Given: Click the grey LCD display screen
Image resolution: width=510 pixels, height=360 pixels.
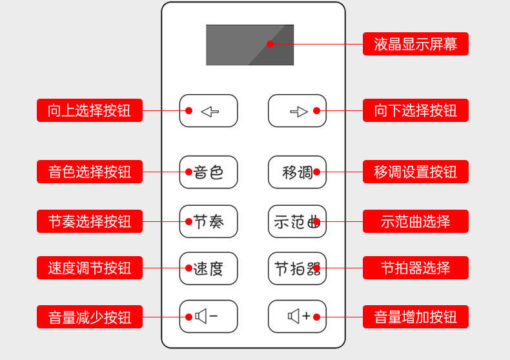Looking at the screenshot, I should pyautogui.click(x=250, y=45).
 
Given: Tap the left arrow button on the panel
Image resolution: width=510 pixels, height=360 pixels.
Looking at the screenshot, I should pyautogui.click(x=209, y=111).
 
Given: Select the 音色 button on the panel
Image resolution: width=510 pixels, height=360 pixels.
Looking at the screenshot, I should pyautogui.click(x=209, y=172).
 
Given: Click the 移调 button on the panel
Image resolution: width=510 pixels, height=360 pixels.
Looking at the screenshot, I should pyautogui.click(x=297, y=172).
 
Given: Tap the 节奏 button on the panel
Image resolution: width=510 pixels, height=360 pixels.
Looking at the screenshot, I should pyautogui.click(x=209, y=221).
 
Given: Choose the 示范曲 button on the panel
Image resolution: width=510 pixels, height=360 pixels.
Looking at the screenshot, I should pyautogui.click(x=297, y=221).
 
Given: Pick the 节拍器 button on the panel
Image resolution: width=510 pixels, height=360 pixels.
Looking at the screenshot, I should pyautogui.click(x=297, y=268).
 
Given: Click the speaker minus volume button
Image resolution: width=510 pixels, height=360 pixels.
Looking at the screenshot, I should pyautogui.click(x=209, y=316).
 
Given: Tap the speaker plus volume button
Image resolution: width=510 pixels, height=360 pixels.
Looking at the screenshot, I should pyautogui.click(x=297, y=316).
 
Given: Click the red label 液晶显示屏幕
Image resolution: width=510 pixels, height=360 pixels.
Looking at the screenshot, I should pyautogui.click(x=415, y=44).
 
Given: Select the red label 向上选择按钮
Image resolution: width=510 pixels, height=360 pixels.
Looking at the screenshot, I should pyautogui.click(x=89, y=110).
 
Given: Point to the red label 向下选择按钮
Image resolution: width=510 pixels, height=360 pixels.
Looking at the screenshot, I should pyautogui.click(x=415, y=110).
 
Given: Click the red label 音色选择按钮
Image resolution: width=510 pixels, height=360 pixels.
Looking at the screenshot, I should pyautogui.click(x=89, y=172).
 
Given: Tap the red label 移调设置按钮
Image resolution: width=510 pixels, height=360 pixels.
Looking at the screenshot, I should pyautogui.click(x=415, y=172).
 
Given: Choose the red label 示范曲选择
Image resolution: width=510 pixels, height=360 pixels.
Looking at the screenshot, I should pyautogui.click(x=415, y=221).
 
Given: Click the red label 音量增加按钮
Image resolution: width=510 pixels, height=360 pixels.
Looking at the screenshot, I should pyautogui.click(x=415, y=317).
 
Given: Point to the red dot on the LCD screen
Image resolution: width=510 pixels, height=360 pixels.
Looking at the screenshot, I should pyautogui.click(x=270, y=44).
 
